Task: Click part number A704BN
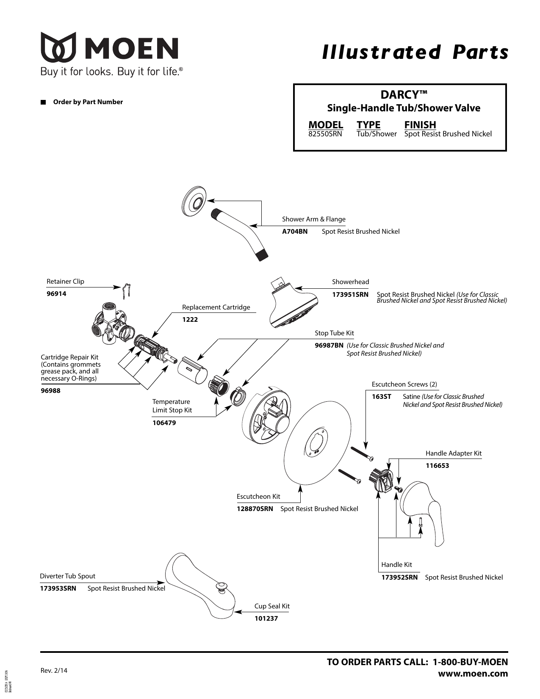pyautogui.click(x=295, y=231)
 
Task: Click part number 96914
pyautogui.click(x=56, y=293)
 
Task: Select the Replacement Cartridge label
pyautogui.click(x=216, y=307)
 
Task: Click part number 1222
pyautogui.click(x=190, y=319)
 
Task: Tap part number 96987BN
pyautogui.click(x=329, y=345)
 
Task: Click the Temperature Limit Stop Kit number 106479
pyautogui.click(x=164, y=423)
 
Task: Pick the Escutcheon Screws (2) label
pyautogui.click(x=404, y=384)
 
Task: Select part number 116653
pyautogui.click(x=437, y=465)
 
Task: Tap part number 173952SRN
pyautogui.click(x=399, y=577)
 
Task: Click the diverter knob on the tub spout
pyautogui.click(x=220, y=586)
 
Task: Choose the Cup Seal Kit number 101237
pyautogui.click(x=266, y=618)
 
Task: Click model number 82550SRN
pyautogui.click(x=325, y=134)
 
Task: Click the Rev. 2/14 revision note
pyautogui.click(x=53, y=670)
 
